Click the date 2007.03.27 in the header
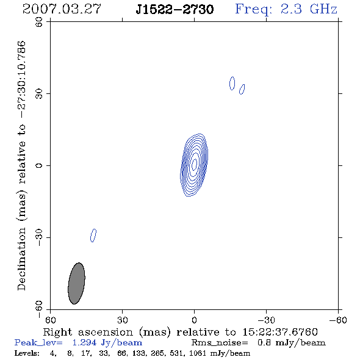[x=62, y=9]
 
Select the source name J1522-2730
[x=175, y=9]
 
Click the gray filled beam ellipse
[x=76, y=283]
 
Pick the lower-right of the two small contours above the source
[x=242, y=89]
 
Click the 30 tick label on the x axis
[x=123, y=320]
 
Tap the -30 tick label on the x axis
[x=266, y=320]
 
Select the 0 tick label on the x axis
[x=194, y=320]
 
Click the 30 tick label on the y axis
[x=39, y=93]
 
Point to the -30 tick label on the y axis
[x=39, y=238]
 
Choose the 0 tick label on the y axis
[x=39, y=165]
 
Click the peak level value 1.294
[x=84, y=342]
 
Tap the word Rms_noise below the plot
[x=220, y=343]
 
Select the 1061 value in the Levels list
[x=197, y=353]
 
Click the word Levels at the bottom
[x=27, y=353]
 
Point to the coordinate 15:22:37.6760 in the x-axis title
[x=280, y=332]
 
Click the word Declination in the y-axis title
[x=21, y=259]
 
